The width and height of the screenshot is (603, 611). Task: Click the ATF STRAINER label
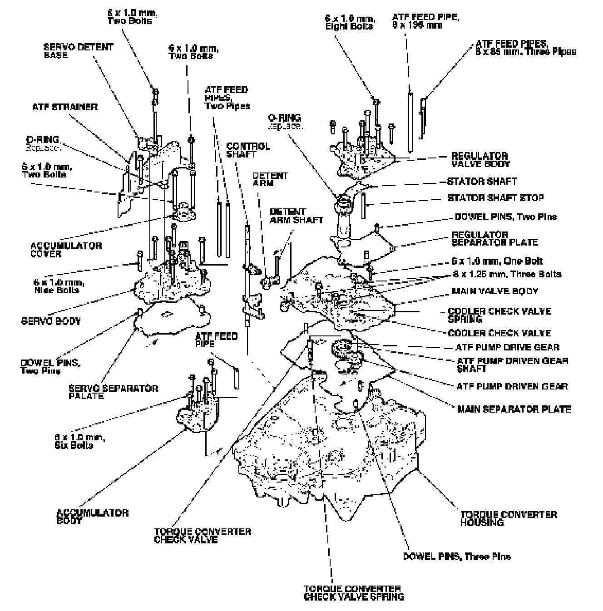pyautogui.click(x=64, y=107)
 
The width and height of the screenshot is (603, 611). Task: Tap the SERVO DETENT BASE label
pyautogui.click(x=78, y=51)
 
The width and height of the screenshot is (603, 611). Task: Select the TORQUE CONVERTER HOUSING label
pyautogui.click(x=509, y=518)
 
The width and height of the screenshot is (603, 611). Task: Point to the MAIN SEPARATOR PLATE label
pyautogui.click(x=514, y=409)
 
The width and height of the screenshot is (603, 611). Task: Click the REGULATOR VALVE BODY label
pyautogui.click(x=480, y=160)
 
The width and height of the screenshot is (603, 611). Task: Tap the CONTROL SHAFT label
pyautogui.click(x=247, y=150)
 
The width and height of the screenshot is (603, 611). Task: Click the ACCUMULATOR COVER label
pyautogui.click(x=66, y=250)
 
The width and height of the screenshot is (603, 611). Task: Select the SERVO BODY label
pyautogui.click(x=51, y=321)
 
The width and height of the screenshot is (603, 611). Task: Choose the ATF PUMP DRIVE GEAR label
pyautogui.click(x=507, y=348)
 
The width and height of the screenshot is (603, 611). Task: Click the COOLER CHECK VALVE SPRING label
pyautogui.click(x=499, y=315)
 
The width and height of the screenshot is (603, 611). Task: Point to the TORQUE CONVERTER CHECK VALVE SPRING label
pyautogui.click(x=354, y=593)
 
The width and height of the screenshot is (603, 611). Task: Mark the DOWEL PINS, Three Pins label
pyautogui.click(x=456, y=557)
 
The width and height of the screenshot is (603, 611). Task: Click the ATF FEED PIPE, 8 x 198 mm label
pyautogui.click(x=426, y=21)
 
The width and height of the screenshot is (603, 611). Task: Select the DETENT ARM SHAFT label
pyautogui.click(x=296, y=216)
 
